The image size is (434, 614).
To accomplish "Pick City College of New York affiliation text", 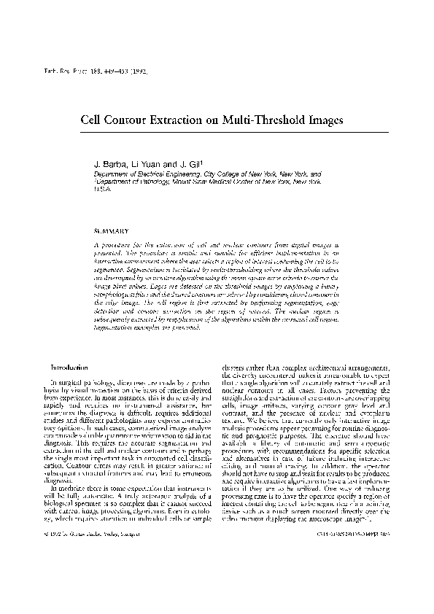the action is [242, 175].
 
